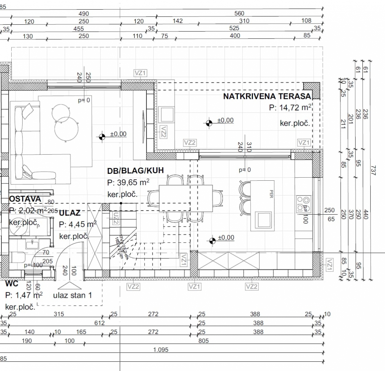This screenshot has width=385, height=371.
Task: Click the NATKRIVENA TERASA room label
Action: [x=267, y=96]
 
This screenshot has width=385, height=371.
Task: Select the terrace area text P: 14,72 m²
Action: [x=290, y=108]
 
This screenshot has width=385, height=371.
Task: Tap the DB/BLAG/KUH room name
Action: [x=135, y=170]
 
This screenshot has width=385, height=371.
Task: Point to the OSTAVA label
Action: [x=25, y=199]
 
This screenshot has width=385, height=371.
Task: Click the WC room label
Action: [x=11, y=284]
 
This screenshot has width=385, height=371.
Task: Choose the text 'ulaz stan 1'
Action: [x=72, y=295]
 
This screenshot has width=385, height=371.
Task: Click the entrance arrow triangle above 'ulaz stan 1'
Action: [x=70, y=286]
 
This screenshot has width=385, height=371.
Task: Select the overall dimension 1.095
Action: [x=161, y=350]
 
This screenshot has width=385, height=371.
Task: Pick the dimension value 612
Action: [x=99, y=323]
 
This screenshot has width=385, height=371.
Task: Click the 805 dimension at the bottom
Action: [x=203, y=341]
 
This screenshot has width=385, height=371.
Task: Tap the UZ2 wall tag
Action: [x=115, y=218]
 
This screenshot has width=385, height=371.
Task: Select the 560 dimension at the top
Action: [x=239, y=13]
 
